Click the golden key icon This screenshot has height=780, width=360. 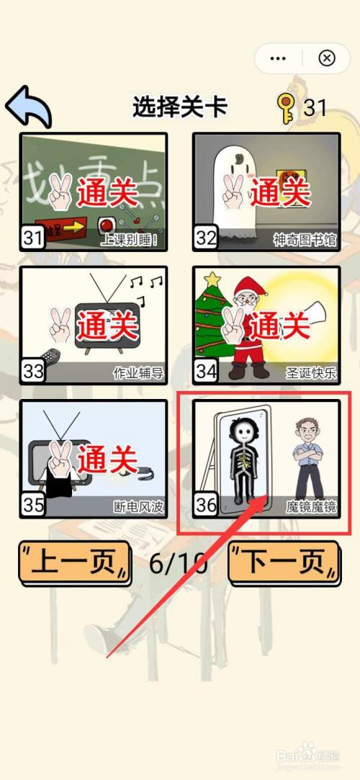click(285, 108)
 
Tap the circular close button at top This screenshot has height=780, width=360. click(326, 58)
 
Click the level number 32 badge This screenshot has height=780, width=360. click(206, 237)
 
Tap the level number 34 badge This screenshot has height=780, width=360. click(206, 370)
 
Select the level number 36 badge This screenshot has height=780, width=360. click(206, 504)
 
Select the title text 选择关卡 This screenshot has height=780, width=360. click(180, 107)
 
